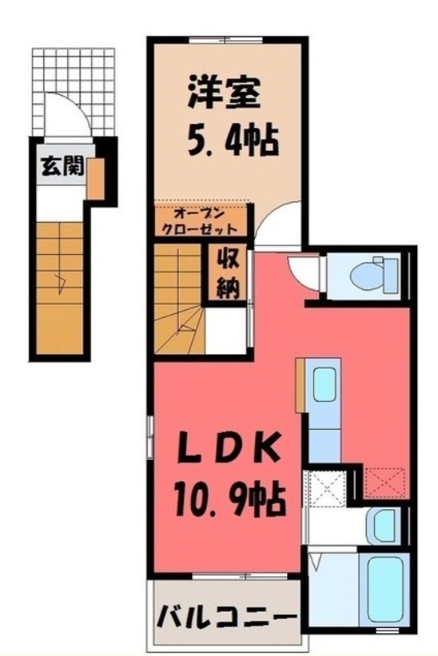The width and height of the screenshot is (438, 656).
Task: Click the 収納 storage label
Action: [x=227, y=274]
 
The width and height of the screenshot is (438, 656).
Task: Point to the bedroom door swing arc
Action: [x=277, y=224]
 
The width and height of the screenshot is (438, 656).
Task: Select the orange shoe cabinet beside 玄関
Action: [x=96, y=179]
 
